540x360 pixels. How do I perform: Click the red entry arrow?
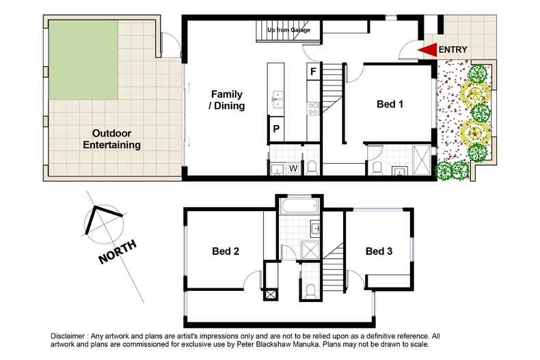[427, 50]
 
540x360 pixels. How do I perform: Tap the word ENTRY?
[454, 50]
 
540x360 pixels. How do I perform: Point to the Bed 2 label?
[225, 251]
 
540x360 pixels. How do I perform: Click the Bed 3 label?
[379, 251]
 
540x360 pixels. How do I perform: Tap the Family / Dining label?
[227, 100]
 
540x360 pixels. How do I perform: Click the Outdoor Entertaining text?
[111, 139]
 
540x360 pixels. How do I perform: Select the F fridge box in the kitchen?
[313, 71]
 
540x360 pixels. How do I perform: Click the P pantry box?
[277, 128]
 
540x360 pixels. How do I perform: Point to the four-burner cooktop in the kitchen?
[314, 107]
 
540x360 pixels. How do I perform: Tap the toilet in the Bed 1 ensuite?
[377, 167]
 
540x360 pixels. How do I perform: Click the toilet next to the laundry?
[312, 166]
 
